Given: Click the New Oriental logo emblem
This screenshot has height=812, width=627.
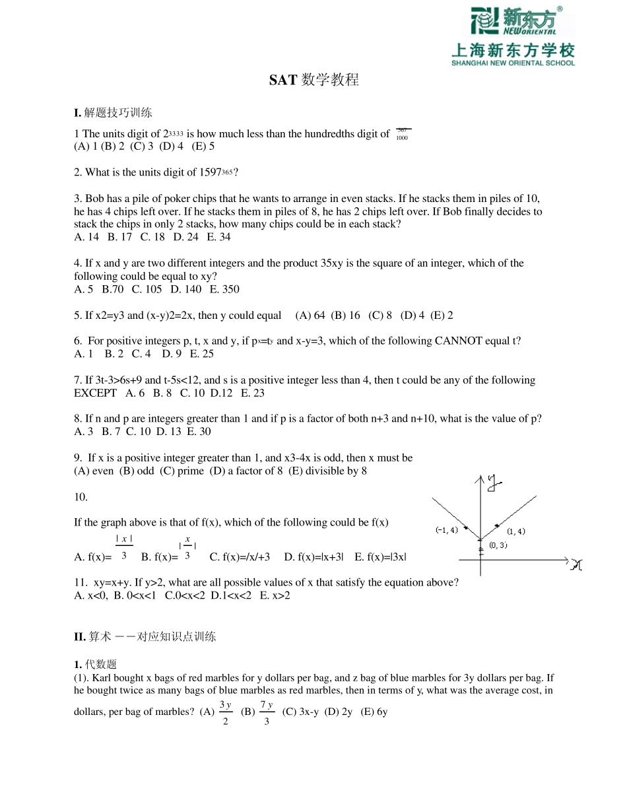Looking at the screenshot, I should tap(484, 21).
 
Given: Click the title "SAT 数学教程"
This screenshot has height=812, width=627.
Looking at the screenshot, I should tap(313, 80).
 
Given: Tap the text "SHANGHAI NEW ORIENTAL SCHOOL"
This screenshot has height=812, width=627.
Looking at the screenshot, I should tap(513, 63).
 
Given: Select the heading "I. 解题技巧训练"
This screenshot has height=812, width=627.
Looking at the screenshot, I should tap(113, 112).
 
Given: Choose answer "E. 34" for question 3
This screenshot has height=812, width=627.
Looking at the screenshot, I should tap(219, 237).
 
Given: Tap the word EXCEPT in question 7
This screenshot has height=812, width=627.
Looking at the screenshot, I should tap(95, 393).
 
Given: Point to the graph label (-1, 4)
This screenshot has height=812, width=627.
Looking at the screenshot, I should tap(447, 530).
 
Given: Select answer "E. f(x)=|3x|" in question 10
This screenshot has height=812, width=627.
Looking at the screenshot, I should tap(380, 557).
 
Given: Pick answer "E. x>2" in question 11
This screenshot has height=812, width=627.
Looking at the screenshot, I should tap(275, 595).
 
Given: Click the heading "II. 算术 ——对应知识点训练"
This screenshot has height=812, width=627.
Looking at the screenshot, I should tap(145, 636).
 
